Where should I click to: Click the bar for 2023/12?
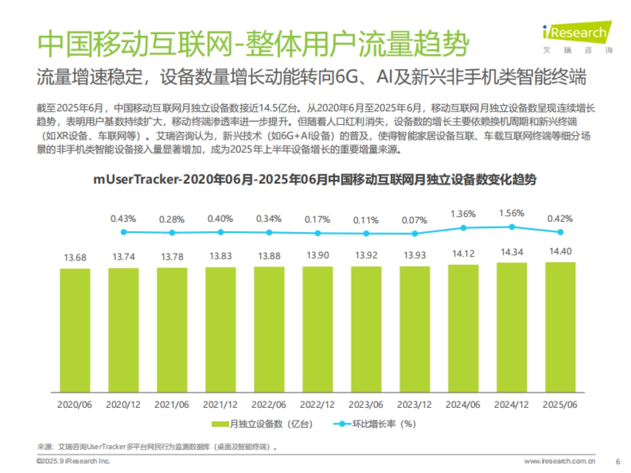pos(415,329)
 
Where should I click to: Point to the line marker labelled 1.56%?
pos(512,227)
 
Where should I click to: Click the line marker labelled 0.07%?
pos(415,233)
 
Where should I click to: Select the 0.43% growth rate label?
pos(124,218)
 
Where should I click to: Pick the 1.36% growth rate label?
pos(463,214)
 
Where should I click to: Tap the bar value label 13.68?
pos(75,258)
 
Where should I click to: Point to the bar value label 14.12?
pos(463,254)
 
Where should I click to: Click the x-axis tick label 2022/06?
pos(269,405)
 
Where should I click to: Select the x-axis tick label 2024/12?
pos(512,405)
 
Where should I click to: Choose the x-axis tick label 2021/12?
pos(220,405)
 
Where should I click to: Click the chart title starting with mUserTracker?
pos(315,179)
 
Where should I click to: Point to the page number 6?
pos(617,461)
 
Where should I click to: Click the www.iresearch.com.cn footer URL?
pos(559,461)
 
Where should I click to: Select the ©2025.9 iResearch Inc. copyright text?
pos(73,461)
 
